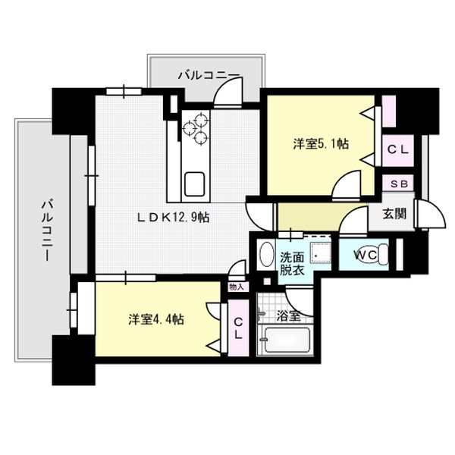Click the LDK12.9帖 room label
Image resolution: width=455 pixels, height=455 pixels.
[173, 217]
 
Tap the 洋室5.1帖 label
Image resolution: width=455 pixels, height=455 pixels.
[322, 144]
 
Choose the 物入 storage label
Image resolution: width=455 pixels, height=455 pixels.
[236, 287]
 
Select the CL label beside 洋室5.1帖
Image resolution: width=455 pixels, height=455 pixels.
[397, 150]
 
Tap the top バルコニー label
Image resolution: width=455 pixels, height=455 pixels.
[209, 74]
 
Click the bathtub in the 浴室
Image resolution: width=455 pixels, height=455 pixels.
[287, 343]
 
